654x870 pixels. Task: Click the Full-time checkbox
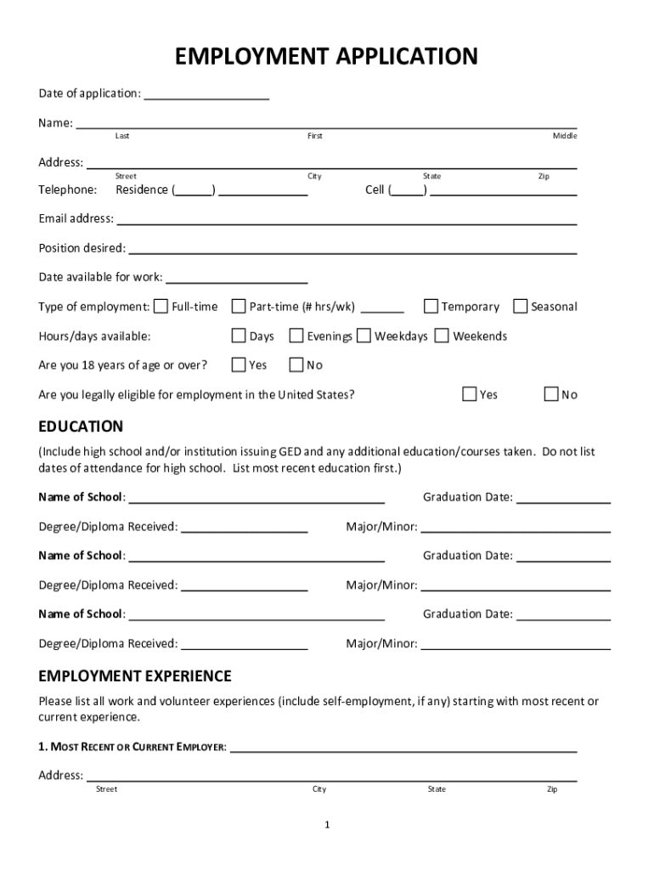(161, 306)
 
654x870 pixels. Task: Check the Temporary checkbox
(431, 306)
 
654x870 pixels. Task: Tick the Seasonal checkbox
(521, 306)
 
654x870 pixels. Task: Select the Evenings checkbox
(296, 336)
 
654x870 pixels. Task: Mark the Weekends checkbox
(442, 336)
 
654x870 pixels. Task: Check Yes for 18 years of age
(239, 364)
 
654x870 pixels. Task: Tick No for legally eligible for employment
(551, 393)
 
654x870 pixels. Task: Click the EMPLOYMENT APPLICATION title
(326, 57)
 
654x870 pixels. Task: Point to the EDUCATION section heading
(81, 427)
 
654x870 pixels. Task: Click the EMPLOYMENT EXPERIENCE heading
(134, 676)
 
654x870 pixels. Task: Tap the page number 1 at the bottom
(326, 825)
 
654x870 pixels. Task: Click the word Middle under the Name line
(565, 136)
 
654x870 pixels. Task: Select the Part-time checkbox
(239, 306)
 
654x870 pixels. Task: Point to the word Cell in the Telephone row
(375, 190)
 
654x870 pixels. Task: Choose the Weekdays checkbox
(364, 336)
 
